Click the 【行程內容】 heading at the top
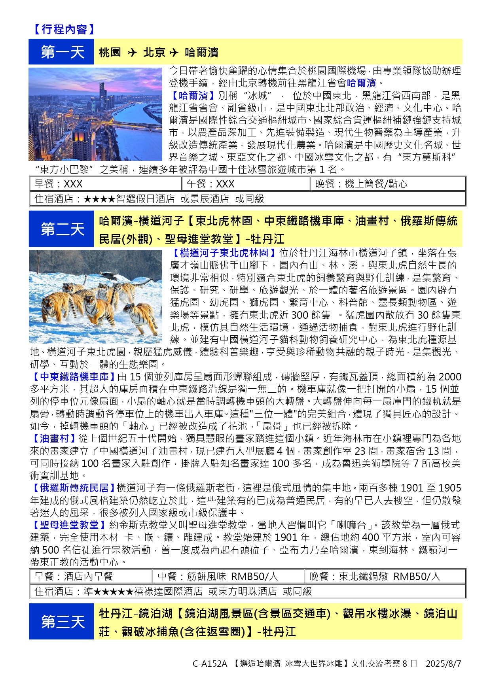(63, 29)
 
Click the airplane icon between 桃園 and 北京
(132, 52)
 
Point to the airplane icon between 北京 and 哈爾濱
(174, 52)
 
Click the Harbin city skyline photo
(95, 114)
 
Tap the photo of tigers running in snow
(95, 296)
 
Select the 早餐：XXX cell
(105, 184)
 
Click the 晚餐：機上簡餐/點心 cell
(388, 184)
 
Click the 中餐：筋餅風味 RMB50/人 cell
(228, 577)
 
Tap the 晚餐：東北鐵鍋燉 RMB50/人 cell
(385, 577)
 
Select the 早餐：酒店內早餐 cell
(91, 577)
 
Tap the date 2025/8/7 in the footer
(443, 664)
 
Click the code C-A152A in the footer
(210, 664)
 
